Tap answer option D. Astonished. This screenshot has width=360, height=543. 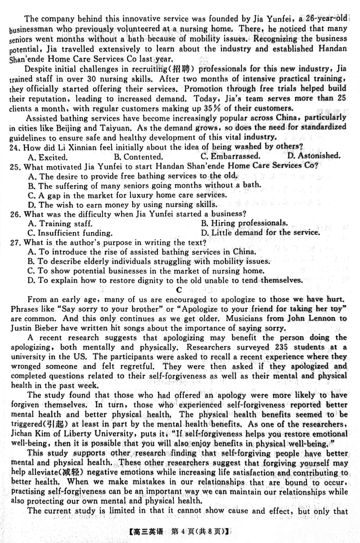click(x=314, y=156)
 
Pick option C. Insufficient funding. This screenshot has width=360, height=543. click(x=70, y=233)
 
